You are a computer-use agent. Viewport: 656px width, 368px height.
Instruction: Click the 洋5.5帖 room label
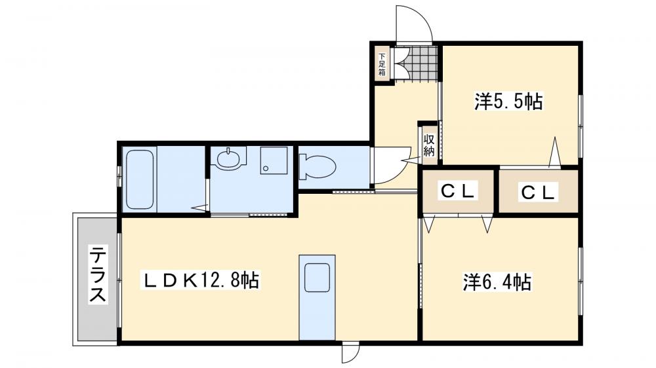pos(508,102)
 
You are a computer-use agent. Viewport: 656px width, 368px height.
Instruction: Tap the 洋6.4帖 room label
pos(497,282)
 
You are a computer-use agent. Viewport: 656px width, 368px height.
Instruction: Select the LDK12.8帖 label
pos(201,281)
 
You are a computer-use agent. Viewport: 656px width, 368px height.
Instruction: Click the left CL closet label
pos(457,191)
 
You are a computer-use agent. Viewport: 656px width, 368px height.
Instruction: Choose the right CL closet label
pos(539,192)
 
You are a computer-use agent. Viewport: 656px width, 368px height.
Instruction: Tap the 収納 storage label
pos(428,145)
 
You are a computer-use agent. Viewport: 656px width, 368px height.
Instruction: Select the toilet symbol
pos(316,166)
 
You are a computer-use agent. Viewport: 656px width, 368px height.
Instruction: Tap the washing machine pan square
pos(274,159)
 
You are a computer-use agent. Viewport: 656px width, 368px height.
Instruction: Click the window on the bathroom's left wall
pos(119,176)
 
